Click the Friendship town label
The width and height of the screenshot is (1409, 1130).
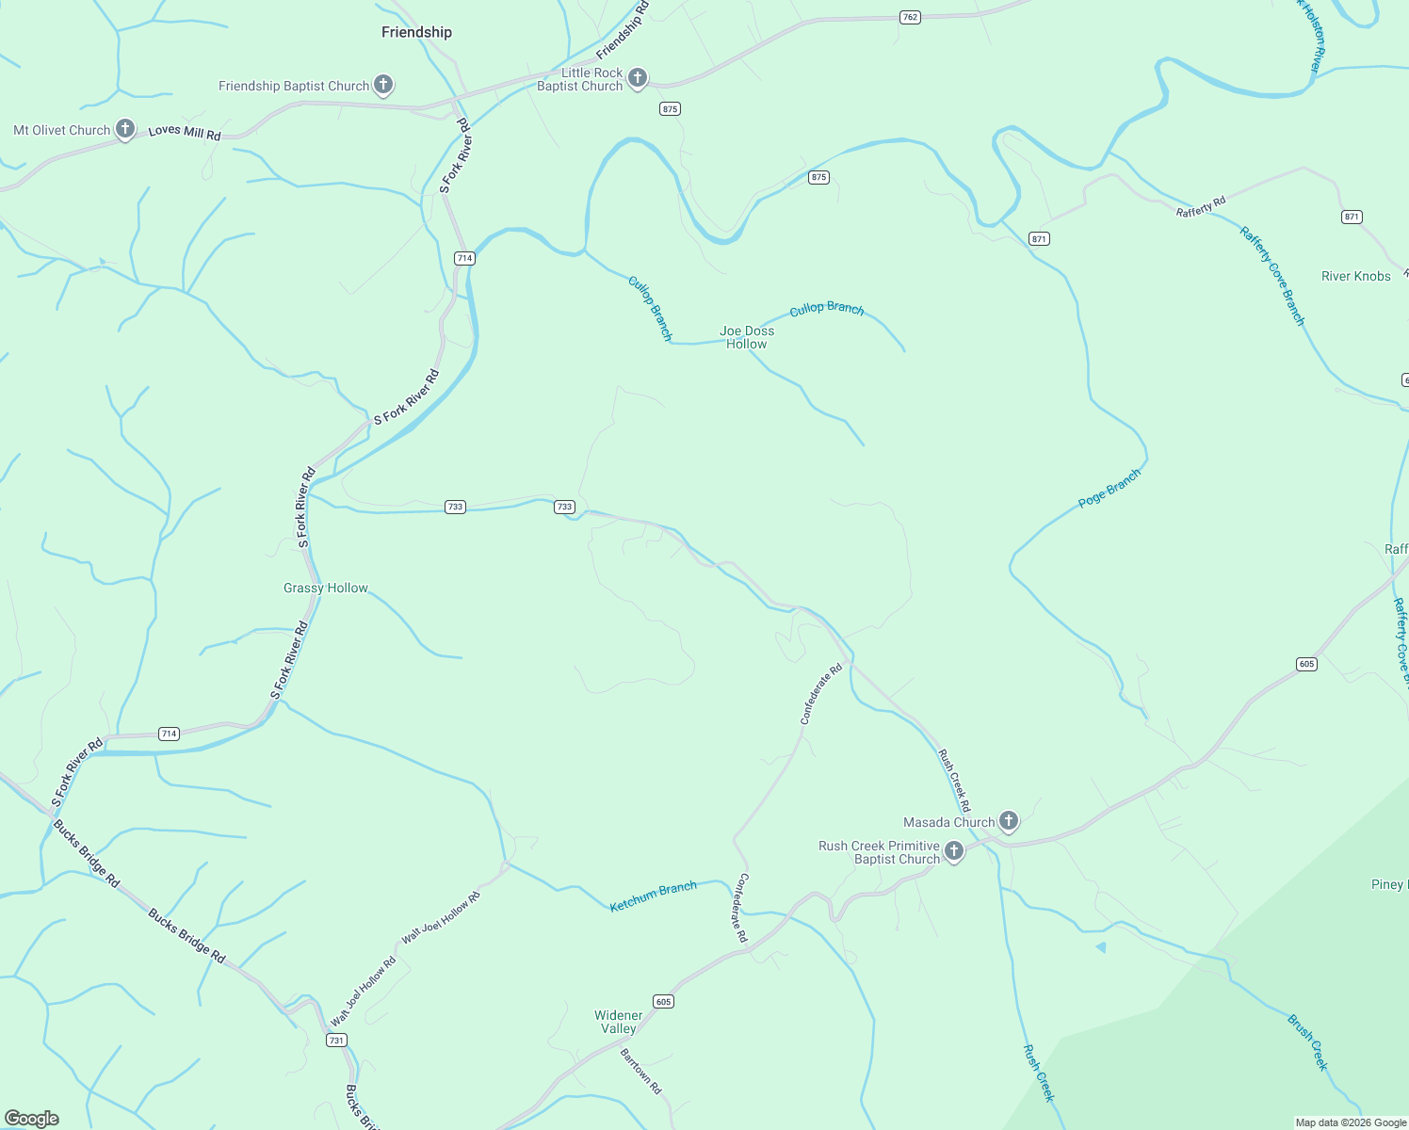coord(416,32)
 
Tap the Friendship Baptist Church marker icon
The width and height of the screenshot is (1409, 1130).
coord(382,85)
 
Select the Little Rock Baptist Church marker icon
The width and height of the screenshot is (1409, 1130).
coord(638,78)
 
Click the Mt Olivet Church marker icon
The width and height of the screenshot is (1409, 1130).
coord(125,130)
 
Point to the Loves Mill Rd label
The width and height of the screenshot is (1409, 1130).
coord(185,132)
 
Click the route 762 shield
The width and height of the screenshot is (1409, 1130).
coord(909,17)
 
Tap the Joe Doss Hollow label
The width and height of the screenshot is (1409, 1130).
coord(747,337)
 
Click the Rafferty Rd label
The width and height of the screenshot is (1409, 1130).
coord(1201,206)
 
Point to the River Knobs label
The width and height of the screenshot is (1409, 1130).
coord(1355,276)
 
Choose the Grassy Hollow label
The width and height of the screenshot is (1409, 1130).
coord(326,588)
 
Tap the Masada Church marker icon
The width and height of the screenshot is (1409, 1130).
coord(1009,821)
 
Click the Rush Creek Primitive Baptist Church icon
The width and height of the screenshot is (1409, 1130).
coord(954,852)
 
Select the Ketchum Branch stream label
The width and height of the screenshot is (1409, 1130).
coord(653,896)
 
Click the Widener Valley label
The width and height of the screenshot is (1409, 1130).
coord(619,1022)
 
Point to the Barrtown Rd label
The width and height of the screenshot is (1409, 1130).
coord(640,1071)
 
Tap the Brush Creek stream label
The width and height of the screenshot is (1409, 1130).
coord(1307,1041)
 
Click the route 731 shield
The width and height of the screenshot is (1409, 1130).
coord(336,1040)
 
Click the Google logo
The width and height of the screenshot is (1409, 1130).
coord(32,1119)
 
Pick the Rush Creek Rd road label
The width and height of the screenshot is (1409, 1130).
coord(953,780)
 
